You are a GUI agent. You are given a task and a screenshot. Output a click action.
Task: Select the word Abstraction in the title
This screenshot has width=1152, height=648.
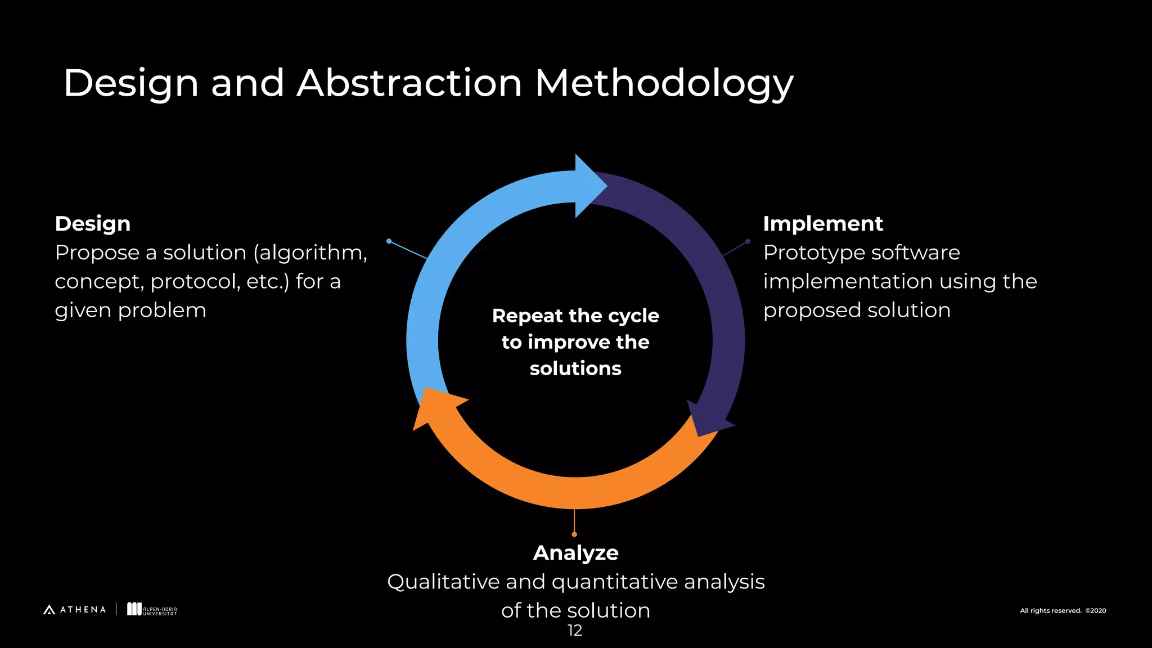409,83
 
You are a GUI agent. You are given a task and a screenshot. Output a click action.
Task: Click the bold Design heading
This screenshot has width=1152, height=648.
93,224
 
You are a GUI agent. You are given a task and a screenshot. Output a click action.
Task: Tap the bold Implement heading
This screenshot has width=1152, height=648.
822,224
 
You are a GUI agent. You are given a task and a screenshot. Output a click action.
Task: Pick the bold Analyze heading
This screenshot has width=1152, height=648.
575,553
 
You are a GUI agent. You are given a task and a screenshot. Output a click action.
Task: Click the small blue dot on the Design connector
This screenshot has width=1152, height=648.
389,241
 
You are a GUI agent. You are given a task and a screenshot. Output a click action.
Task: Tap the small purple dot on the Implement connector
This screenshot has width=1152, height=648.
748,241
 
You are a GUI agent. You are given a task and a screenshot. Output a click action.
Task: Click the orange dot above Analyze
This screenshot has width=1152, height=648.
574,534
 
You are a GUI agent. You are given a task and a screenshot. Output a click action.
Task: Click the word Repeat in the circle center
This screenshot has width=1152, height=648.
527,316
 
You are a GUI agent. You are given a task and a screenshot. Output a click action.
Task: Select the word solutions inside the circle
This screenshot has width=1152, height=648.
575,368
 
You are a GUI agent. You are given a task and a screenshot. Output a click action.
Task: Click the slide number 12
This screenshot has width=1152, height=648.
575,631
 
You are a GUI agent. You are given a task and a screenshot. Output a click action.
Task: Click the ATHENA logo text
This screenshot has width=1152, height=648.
83,610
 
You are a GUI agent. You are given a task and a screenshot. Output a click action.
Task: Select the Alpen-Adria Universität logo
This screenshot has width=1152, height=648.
152,610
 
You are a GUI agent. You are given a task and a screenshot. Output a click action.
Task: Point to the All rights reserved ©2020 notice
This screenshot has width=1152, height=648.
1063,611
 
